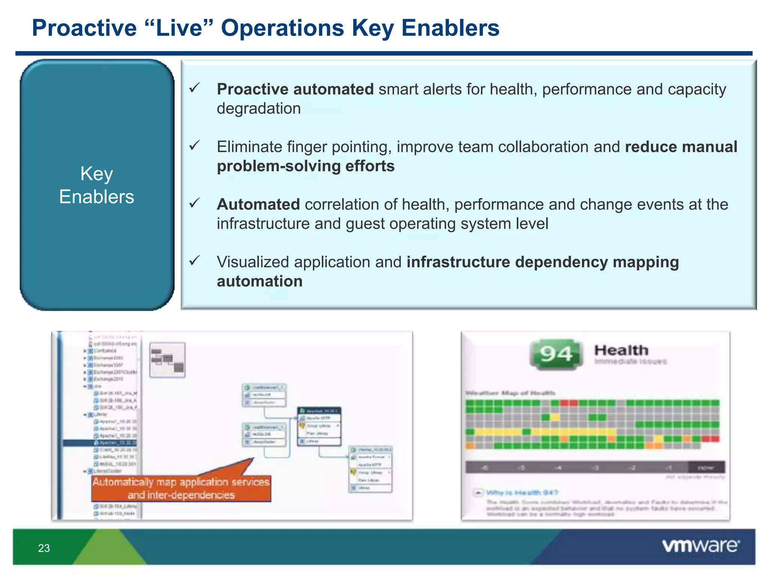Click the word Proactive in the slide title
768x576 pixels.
[x=84, y=28]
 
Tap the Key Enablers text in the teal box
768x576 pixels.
[x=97, y=185]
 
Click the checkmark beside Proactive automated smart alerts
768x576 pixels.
[x=194, y=88]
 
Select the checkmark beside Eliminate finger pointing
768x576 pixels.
[x=194, y=145]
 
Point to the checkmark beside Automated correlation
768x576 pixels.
[x=194, y=203]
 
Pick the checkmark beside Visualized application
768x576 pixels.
[x=194, y=261]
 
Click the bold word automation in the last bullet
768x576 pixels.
[x=259, y=281]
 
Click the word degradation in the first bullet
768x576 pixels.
[x=259, y=109]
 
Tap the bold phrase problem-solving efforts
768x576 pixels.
[x=306, y=166]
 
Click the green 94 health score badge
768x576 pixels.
[x=556, y=354]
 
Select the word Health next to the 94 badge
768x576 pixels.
[x=621, y=350]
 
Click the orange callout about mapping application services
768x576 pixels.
[x=181, y=488]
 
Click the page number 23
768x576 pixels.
[x=44, y=548]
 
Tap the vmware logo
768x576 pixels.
[x=700, y=546]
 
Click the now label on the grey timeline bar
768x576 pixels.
[x=705, y=468]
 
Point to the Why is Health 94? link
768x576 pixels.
[x=522, y=492]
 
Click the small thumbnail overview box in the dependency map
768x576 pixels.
[x=167, y=360]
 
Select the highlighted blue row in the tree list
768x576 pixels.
[x=100, y=443]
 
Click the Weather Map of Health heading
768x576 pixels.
[x=510, y=393]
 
